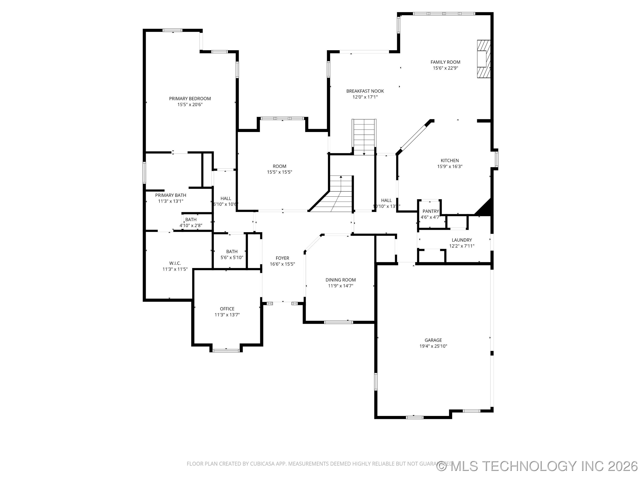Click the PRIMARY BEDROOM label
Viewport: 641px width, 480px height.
click(x=190, y=99)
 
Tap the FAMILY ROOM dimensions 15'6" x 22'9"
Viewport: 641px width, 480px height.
click(x=445, y=68)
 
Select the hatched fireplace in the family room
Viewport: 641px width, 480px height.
click(x=484, y=59)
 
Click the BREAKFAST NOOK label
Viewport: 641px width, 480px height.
click(x=365, y=91)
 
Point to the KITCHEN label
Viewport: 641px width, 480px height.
click(x=449, y=161)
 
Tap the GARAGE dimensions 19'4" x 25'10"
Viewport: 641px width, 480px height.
click(x=433, y=346)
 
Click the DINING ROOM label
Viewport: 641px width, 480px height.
click(x=341, y=280)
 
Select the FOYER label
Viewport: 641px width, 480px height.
click(x=282, y=258)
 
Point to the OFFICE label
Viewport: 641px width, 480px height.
click(x=227, y=309)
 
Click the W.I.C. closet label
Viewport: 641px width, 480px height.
click(x=175, y=263)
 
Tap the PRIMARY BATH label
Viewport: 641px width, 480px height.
click(x=170, y=195)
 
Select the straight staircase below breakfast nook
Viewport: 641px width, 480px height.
click(x=364, y=137)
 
